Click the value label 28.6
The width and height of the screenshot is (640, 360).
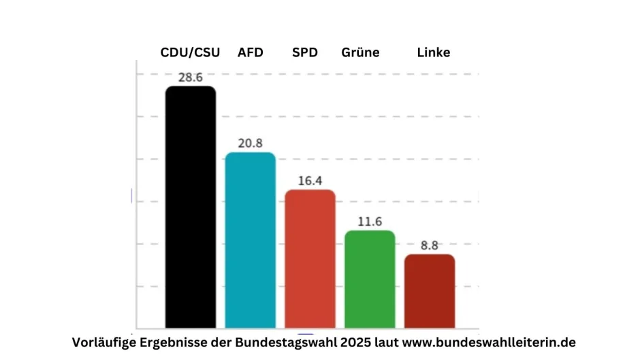tap(191, 78)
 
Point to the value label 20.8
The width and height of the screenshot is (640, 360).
tap(250, 144)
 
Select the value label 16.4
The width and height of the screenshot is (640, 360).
tap(310, 181)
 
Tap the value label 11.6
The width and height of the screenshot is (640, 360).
tap(370, 222)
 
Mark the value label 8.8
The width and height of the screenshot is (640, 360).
tap(429, 246)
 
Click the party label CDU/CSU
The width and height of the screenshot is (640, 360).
tap(190, 52)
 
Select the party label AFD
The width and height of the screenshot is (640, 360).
tap(251, 52)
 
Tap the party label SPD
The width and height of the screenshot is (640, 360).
tap(305, 52)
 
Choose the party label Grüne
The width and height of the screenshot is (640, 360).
tap(360, 52)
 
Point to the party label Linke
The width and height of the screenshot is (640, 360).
tap(434, 52)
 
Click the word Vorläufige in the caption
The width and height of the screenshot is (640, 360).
tap(103, 342)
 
